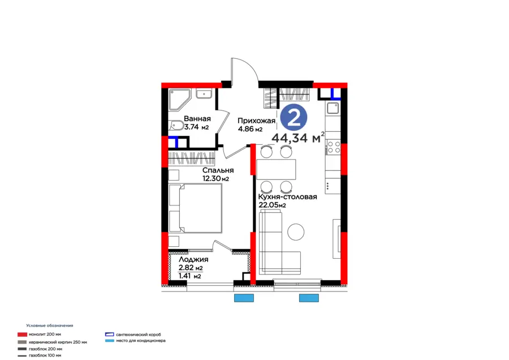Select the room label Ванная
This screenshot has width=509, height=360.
click(197, 119)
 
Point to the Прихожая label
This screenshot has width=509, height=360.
click(257, 121)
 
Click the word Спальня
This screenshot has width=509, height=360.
click(218, 170)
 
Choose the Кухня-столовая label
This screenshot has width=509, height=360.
click(287, 196)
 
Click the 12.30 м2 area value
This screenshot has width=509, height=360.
click(215, 179)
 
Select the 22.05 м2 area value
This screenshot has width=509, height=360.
click(272, 205)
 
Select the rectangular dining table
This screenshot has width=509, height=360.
click(276, 169)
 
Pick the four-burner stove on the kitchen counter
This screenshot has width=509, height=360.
click(333, 148)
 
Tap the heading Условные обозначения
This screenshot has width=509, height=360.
click(50, 325)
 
